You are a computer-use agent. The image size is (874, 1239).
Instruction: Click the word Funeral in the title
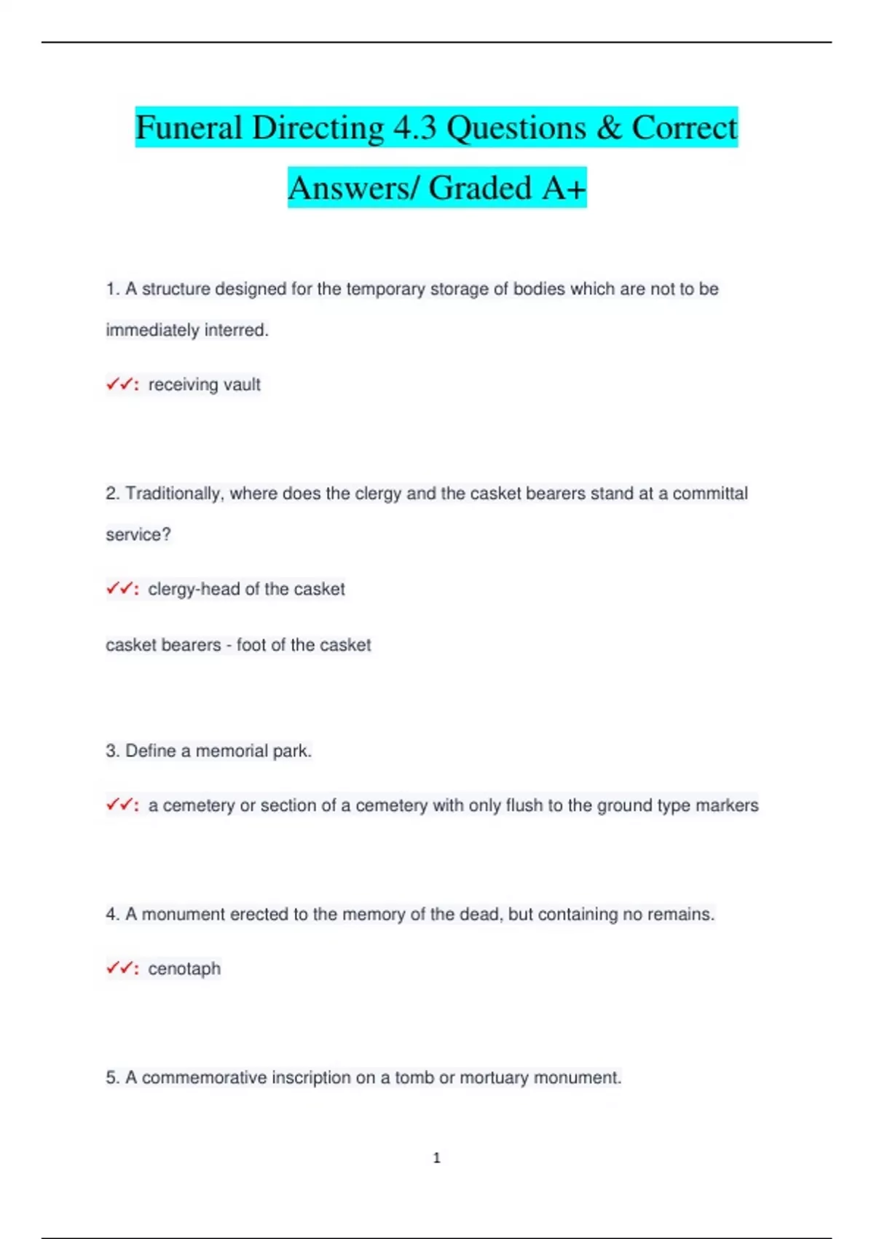189,128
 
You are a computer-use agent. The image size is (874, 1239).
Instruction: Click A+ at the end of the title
564,188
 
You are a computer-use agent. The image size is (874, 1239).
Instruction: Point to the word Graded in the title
480,188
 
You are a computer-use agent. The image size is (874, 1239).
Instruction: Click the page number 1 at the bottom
437,1157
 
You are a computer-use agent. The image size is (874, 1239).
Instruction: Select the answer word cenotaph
184,969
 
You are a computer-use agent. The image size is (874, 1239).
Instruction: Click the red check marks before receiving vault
119,383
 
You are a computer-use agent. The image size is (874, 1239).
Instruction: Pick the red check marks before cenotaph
119,968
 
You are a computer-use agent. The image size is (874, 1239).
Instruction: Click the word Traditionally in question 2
173,493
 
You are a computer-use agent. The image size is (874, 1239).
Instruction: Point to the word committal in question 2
709,493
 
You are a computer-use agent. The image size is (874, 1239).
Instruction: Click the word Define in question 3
151,751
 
